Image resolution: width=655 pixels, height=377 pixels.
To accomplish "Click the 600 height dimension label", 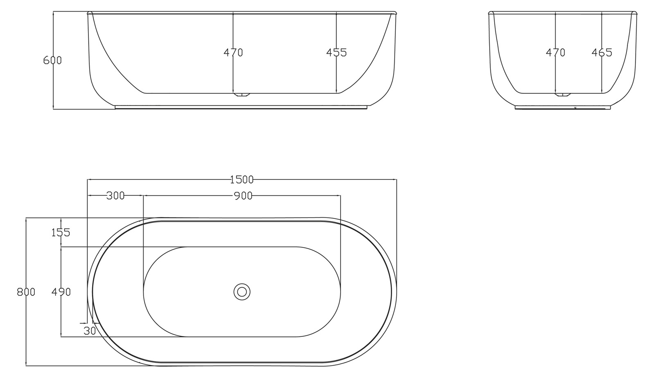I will click(52, 60).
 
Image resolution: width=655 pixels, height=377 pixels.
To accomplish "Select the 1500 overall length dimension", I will click(242, 179).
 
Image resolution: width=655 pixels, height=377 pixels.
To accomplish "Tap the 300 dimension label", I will click(115, 196).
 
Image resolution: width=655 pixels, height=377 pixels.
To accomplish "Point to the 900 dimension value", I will click(243, 196).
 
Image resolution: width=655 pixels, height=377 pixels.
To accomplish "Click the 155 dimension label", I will click(61, 233).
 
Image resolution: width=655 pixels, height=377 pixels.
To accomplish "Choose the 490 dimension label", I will click(61, 292).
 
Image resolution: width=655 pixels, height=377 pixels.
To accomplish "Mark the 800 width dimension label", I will click(26, 292).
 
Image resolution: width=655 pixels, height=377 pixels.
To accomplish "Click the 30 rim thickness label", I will click(89, 330).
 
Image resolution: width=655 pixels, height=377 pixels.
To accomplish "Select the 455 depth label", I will click(337, 53).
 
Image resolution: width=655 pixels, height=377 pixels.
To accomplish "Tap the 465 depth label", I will click(602, 53).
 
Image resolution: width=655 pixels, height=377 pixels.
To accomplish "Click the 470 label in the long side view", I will click(233, 53).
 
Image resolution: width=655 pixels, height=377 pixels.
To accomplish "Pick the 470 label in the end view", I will click(556, 53).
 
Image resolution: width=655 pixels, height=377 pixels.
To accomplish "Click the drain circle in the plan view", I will click(242, 292).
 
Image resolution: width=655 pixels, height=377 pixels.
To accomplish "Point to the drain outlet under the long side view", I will click(242, 95).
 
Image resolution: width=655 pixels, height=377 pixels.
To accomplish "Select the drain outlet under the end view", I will click(562, 95).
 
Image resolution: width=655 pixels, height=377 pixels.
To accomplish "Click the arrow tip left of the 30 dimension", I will click(86, 323).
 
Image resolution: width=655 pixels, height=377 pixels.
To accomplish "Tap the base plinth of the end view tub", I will click(562, 107).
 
